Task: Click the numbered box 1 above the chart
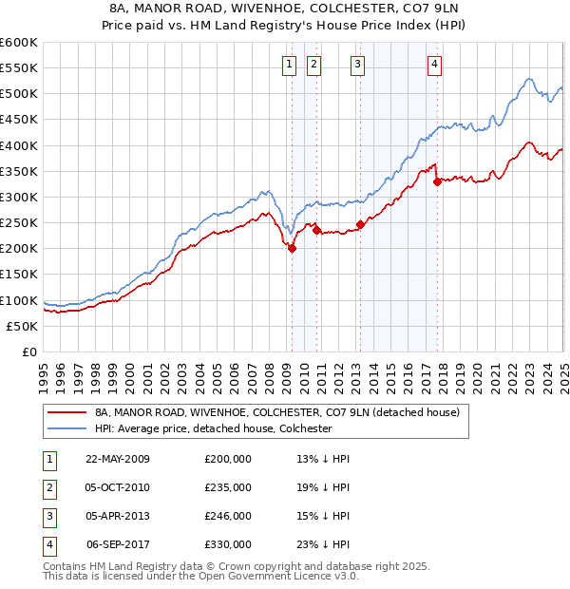point(289,65)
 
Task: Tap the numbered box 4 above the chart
point(434,65)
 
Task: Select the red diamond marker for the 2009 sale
point(293,249)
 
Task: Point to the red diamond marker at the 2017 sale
point(437,181)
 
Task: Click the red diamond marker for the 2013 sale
point(360,225)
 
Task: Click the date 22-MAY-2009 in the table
point(118,459)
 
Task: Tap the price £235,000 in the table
point(228,487)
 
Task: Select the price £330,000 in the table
point(228,544)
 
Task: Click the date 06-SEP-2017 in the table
point(118,544)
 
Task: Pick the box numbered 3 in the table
point(48,516)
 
